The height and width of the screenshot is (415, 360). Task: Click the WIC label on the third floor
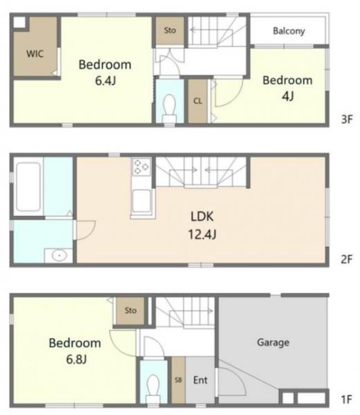click(x=35, y=54)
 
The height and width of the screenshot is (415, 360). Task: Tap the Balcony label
click(x=289, y=31)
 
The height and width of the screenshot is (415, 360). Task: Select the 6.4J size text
click(x=105, y=81)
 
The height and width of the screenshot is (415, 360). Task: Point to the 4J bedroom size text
click(x=287, y=96)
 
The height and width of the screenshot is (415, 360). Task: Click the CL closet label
click(x=198, y=101)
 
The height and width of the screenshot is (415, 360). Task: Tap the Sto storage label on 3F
click(x=170, y=30)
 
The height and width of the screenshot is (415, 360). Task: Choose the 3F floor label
click(x=347, y=120)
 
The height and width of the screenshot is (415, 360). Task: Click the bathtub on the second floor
click(x=28, y=187)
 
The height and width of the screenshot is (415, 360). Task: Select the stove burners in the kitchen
click(x=141, y=167)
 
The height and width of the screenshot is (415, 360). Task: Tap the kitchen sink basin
click(x=141, y=201)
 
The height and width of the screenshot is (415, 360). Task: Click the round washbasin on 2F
click(x=59, y=256)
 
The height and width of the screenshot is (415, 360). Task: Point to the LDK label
click(x=202, y=216)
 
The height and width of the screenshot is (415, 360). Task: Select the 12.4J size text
click(x=202, y=235)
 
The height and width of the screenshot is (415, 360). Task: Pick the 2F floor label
click(x=347, y=260)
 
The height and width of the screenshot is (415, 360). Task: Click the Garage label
click(x=273, y=343)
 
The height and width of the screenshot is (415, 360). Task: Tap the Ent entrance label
click(x=200, y=380)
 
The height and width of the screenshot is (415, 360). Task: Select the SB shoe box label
click(x=178, y=380)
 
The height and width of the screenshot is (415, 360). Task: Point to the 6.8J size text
click(x=76, y=360)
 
